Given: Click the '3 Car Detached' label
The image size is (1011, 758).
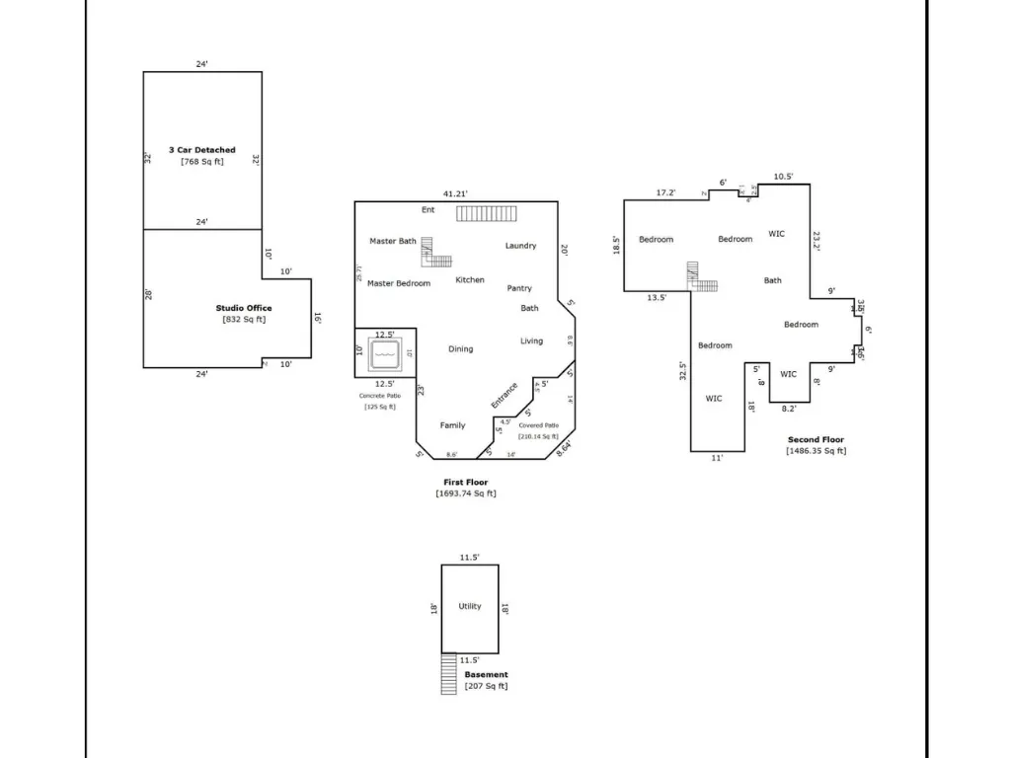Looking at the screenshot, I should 201,150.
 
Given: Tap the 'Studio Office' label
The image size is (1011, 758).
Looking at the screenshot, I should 244,308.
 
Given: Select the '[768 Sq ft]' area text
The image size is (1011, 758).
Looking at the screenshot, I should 201,162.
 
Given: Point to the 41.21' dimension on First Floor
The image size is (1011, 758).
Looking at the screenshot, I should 454,193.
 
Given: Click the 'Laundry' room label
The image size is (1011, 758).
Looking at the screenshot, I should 520,246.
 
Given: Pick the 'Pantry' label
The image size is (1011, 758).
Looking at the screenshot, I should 519,288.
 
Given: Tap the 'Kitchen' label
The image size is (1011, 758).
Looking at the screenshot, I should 470,280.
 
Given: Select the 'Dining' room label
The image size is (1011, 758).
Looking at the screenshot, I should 460,348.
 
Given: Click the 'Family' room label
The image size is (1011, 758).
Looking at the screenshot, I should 452,425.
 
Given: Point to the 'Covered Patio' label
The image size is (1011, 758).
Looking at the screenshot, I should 538,425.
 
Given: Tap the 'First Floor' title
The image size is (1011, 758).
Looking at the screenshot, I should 465,483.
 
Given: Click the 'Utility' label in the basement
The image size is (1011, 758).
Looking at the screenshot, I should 470,606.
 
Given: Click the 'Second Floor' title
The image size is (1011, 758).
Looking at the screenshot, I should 816,440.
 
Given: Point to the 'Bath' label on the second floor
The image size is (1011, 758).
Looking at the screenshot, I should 773,280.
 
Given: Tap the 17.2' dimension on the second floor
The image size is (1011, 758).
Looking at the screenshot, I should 666,192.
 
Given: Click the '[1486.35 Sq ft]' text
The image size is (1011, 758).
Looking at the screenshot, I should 816,451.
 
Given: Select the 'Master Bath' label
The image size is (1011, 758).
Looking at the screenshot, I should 393,241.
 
